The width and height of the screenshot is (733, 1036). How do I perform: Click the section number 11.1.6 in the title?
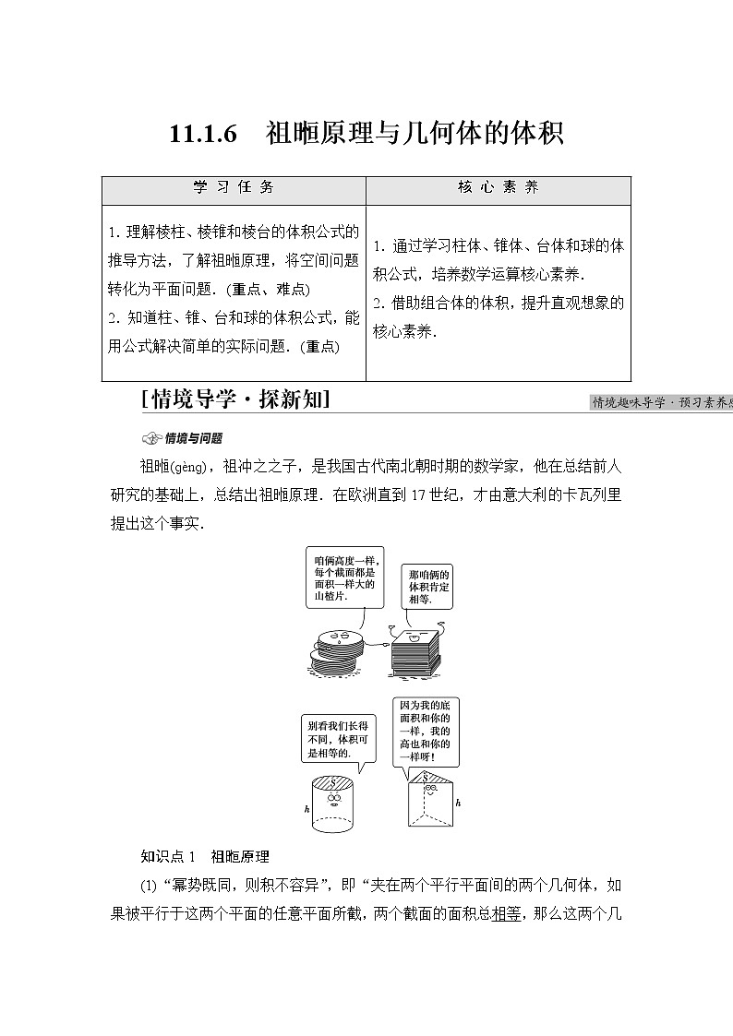click(x=204, y=134)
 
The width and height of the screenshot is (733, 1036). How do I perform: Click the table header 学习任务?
click(x=234, y=187)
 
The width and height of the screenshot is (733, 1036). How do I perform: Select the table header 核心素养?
click(x=498, y=187)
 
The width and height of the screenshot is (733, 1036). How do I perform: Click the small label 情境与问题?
click(x=185, y=438)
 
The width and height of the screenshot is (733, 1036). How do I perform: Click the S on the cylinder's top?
click(x=335, y=780)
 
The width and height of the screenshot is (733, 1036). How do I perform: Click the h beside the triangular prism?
click(x=458, y=803)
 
